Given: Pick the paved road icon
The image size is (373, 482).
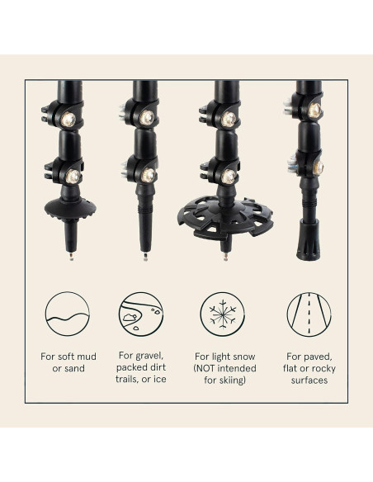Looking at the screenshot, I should click(304, 314).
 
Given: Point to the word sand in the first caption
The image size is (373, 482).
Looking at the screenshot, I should click(76, 368).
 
